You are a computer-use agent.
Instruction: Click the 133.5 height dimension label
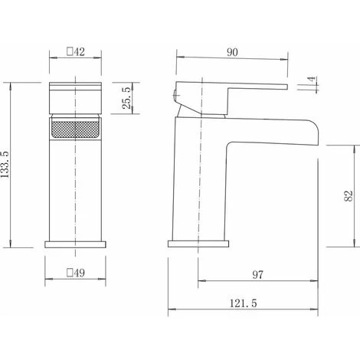(5, 165)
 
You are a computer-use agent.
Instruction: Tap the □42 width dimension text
(76, 51)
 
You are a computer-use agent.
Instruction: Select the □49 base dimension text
(76, 273)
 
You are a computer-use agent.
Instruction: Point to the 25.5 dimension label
(126, 98)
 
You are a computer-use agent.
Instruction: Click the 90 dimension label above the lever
(232, 52)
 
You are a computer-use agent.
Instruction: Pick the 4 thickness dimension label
(312, 80)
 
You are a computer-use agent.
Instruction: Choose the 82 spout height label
(349, 196)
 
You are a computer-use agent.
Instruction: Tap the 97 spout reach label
(257, 275)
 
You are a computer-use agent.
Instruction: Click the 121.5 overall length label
(244, 303)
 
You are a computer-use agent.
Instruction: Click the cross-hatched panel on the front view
(75, 129)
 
